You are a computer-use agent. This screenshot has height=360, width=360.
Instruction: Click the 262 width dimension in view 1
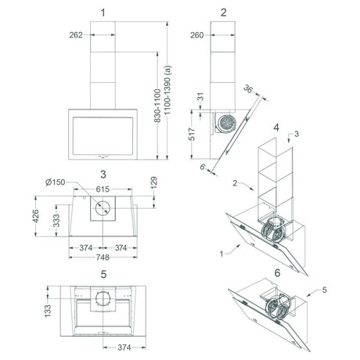[x=76, y=35]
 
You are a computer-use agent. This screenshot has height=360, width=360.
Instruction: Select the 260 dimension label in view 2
[x=197, y=35]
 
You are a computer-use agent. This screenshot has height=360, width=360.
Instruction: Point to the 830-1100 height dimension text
[x=157, y=106]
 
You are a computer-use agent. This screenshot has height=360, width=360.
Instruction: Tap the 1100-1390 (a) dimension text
[x=167, y=90]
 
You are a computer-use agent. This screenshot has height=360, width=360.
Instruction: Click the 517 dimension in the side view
[x=192, y=134]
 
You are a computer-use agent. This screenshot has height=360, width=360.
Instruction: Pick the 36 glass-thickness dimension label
[x=248, y=89]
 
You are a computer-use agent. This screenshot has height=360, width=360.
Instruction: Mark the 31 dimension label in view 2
[x=200, y=97]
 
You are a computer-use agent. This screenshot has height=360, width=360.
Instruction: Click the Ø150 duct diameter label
[x=56, y=182]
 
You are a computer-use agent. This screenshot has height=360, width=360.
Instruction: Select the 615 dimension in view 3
[x=103, y=189]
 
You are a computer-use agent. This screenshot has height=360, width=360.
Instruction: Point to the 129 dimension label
[x=154, y=183]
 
